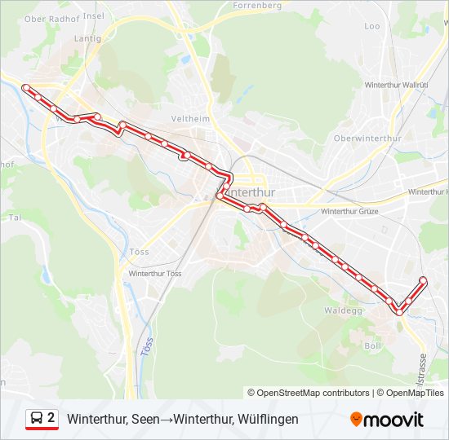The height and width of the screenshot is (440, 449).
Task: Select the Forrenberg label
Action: click(x=258, y=5)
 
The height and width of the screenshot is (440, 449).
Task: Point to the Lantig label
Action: click(x=87, y=38)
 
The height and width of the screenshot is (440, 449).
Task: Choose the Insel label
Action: click(x=95, y=15)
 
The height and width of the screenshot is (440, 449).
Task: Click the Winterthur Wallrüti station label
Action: click(x=397, y=85)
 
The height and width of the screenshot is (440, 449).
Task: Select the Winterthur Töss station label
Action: click(x=155, y=273)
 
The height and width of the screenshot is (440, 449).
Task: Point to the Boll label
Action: click(x=373, y=345)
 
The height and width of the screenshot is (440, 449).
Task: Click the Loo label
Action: click(x=372, y=26)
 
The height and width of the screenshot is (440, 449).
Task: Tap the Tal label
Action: click(x=15, y=218)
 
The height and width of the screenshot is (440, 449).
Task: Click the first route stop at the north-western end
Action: click(x=26, y=87)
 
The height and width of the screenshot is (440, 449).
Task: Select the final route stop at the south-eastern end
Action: click(x=423, y=280)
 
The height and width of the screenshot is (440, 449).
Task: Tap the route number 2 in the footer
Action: click(x=51, y=418)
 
